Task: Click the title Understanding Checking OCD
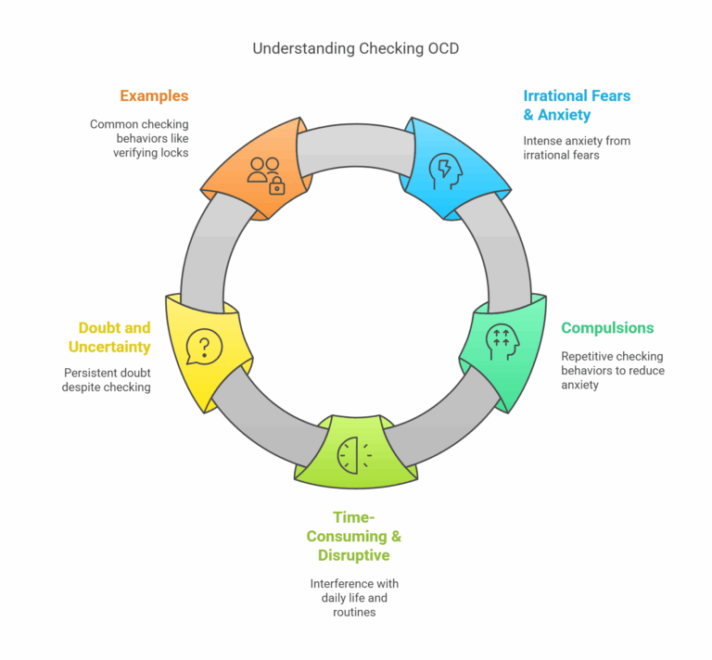[355, 48]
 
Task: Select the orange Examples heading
[153, 95]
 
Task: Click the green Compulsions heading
[607, 327]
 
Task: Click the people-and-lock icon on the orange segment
[265, 173]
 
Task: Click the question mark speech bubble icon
[205, 348]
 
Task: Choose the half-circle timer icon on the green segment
[352, 454]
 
